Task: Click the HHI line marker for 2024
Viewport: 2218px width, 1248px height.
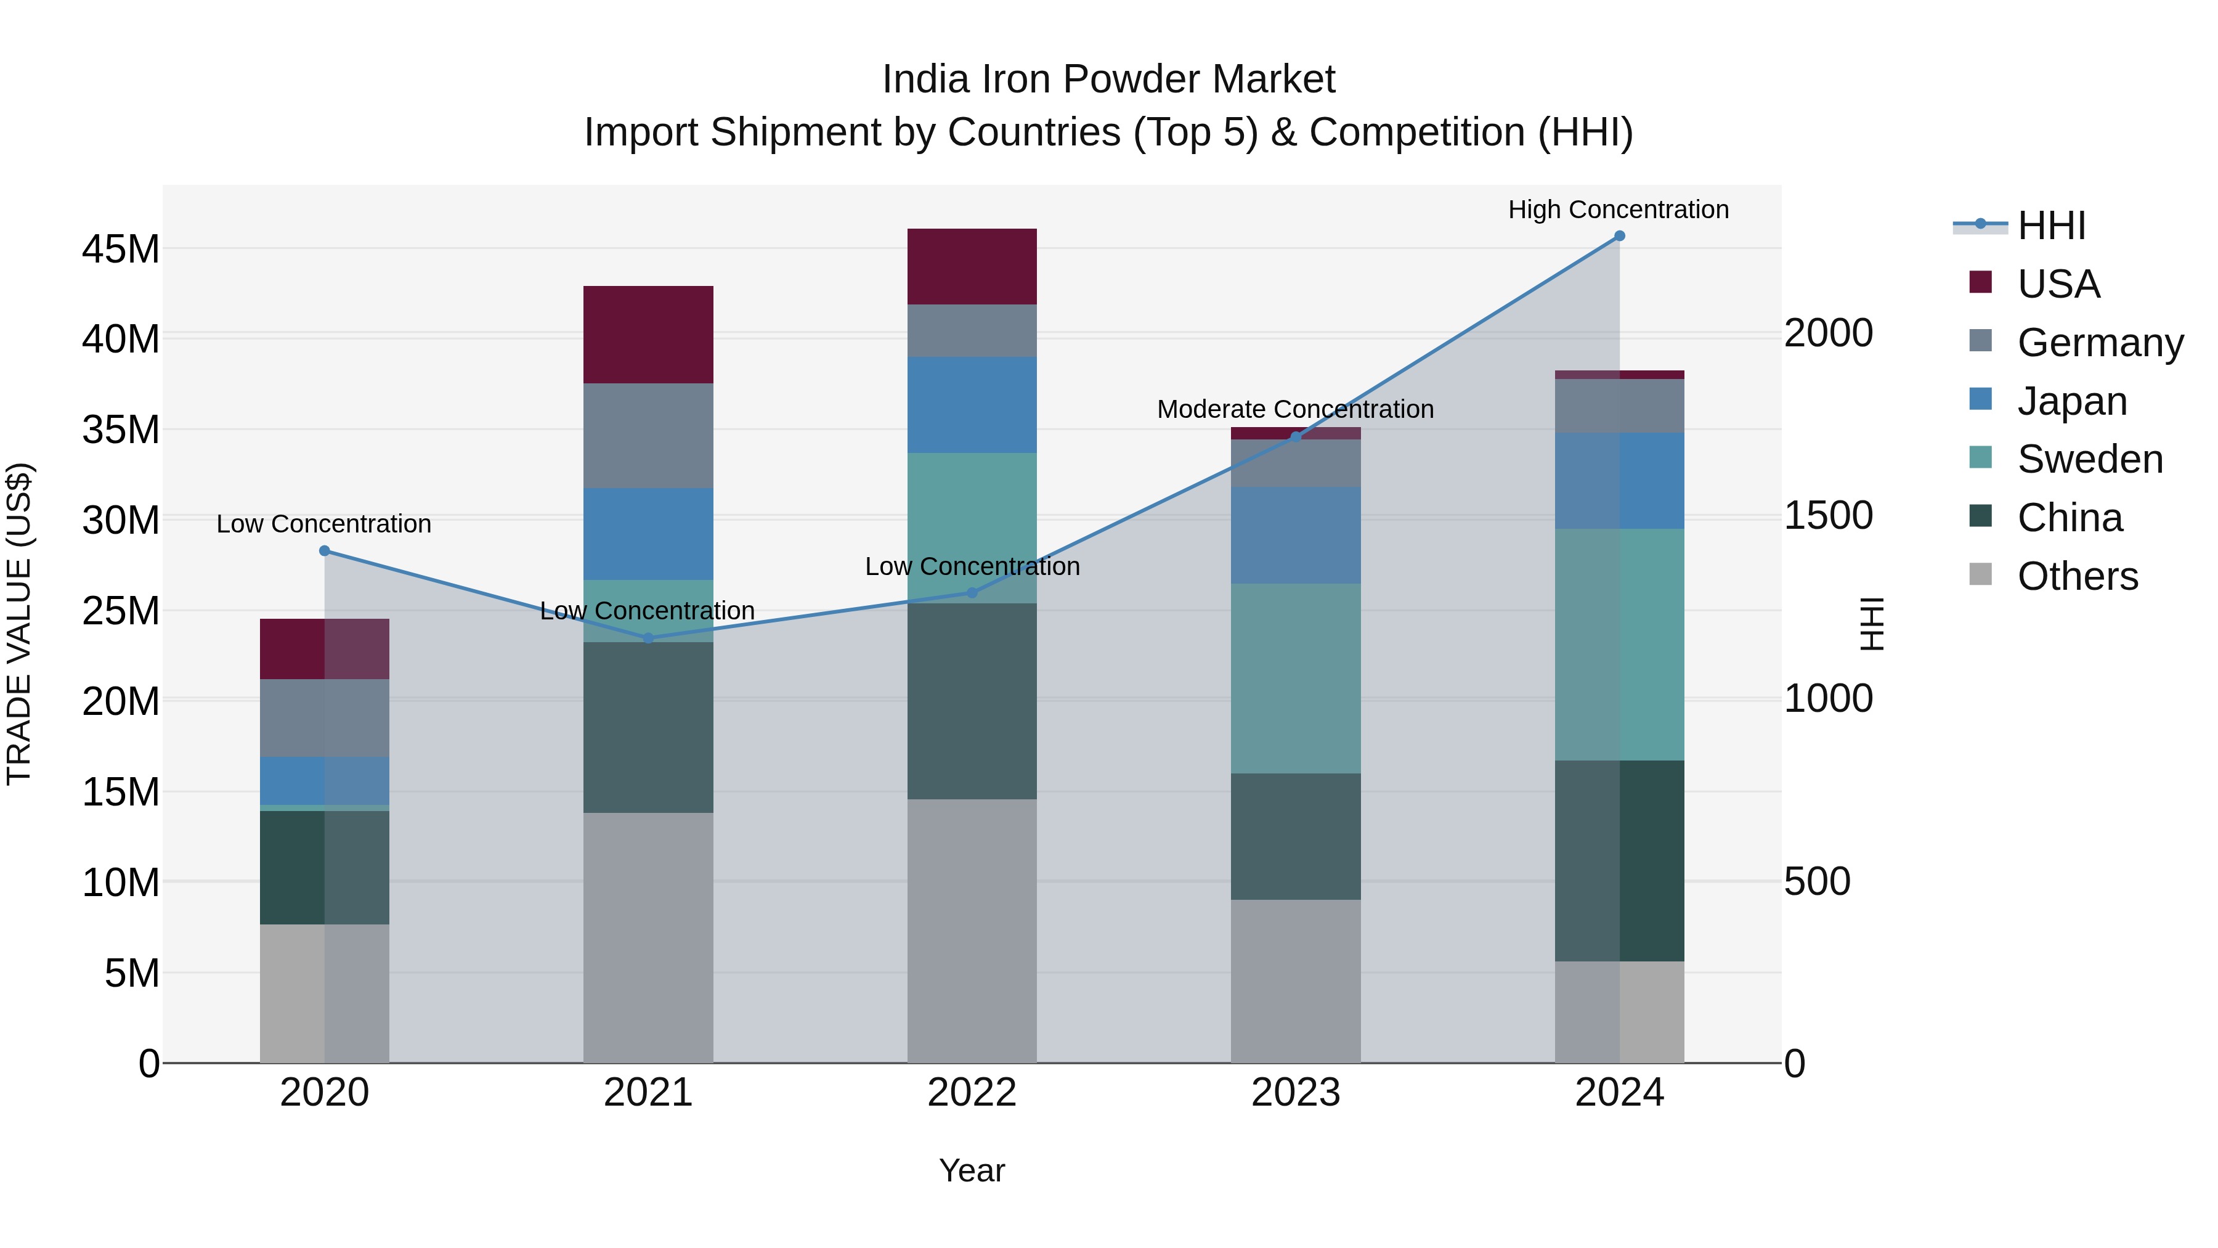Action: click(x=1619, y=236)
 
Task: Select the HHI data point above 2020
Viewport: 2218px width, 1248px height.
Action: click(x=325, y=551)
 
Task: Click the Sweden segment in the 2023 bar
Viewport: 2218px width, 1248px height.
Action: click(x=1295, y=678)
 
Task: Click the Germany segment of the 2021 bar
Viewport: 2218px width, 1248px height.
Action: click(x=648, y=436)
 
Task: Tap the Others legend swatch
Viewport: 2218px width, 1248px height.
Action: click(x=1980, y=574)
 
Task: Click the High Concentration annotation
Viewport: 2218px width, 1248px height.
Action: click(x=1618, y=210)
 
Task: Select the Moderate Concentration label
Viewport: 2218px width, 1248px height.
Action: click(x=1295, y=409)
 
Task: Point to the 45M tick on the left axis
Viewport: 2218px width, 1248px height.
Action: click(x=121, y=250)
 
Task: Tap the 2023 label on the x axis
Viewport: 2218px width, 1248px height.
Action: click(x=1295, y=1093)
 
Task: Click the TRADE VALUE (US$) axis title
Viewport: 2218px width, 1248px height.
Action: click(x=20, y=624)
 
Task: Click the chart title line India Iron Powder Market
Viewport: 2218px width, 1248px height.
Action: click(x=1108, y=80)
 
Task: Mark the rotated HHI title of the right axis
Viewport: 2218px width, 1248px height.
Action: click(x=1871, y=624)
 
